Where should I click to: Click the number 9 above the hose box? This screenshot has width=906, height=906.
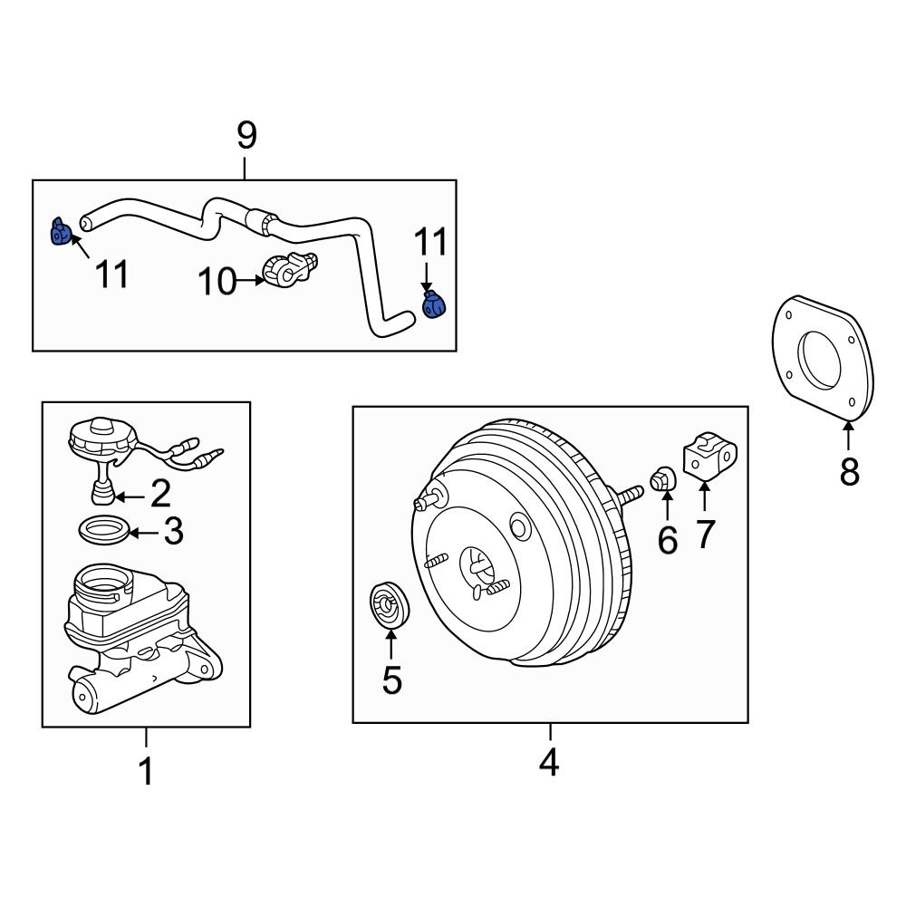pyautogui.click(x=246, y=136)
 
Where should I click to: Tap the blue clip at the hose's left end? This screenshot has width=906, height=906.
pyautogui.click(x=59, y=233)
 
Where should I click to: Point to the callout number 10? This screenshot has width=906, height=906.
pyautogui.click(x=217, y=282)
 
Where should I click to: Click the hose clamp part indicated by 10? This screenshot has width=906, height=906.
pyautogui.click(x=289, y=268)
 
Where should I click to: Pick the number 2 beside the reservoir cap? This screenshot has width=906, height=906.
pyautogui.click(x=160, y=494)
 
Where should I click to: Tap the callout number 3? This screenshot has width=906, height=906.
pyautogui.click(x=173, y=532)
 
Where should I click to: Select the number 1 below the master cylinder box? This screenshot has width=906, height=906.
pyautogui.click(x=146, y=772)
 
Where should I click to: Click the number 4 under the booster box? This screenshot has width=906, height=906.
pyautogui.click(x=549, y=764)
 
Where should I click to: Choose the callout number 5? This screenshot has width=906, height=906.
pyautogui.click(x=391, y=680)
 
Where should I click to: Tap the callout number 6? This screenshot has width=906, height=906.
pyautogui.click(x=667, y=541)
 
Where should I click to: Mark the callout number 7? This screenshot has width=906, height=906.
pyautogui.click(x=706, y=535)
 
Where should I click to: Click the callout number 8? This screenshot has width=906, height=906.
pyautogui.click(x=849, y=472)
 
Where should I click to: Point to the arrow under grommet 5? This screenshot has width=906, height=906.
pyautogui.click(x=391, y=644)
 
